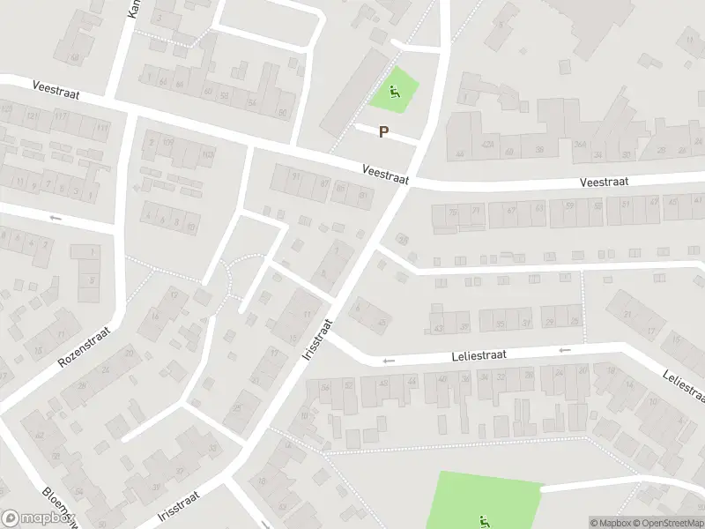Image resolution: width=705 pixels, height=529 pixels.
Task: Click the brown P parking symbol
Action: pyautogui.click(x=383, y=132)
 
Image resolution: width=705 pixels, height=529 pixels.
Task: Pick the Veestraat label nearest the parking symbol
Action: pyautogui.click(x=386, y=173)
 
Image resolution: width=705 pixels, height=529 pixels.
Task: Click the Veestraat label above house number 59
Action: pyautogui.click(x=604, y=183)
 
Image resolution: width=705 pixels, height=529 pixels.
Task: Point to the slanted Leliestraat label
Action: pyautogui.click(x=684, y=386)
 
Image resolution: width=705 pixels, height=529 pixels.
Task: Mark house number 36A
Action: pyautogui.click(x=580, y=146)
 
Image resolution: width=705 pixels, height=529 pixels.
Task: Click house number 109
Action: pyautogui.click(x=167, y=142)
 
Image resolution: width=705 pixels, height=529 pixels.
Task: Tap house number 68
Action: pyautogui.click(x=75, y=58)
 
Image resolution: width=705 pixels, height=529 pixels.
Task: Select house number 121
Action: pyautogui.click(x=33, y=116)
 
